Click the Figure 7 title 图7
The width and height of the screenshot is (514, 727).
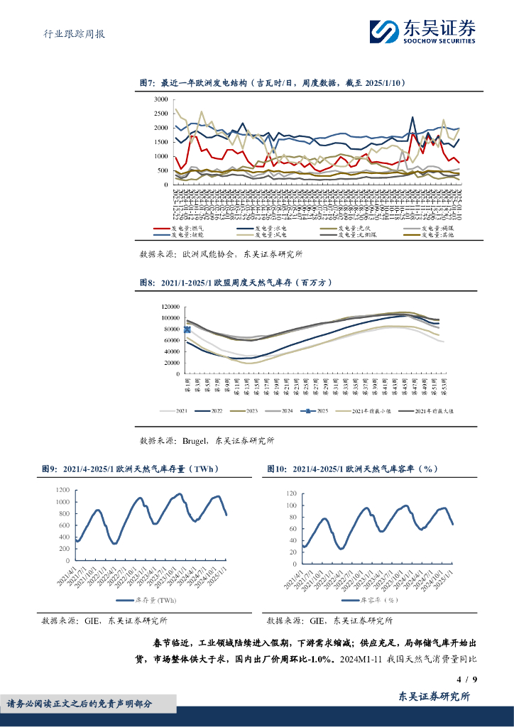pyautogui.click(x=147, y=83)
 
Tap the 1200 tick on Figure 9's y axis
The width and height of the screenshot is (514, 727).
pyautogui.click(x=61, y=491)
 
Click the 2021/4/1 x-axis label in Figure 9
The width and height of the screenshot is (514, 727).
pyautogui.click(x=69, y=574)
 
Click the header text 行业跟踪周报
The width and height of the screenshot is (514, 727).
pyautogui.click(x=70, y=33)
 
